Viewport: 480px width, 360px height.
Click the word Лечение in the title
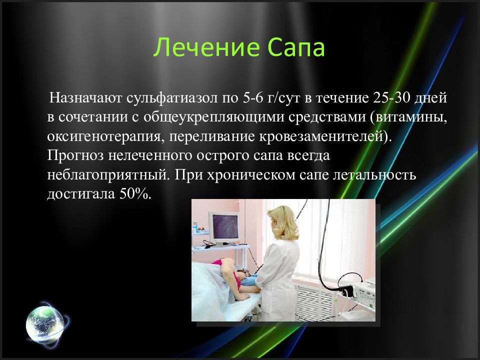click(x=206, y=47)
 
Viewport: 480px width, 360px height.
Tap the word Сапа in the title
click(x=296, y=47)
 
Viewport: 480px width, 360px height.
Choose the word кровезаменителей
click(x=322, y=136)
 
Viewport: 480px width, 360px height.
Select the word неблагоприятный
click(x=108, y=175)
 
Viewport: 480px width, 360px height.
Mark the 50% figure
click(x=135, y=194)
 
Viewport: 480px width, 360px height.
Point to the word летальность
click(x=374, y=175)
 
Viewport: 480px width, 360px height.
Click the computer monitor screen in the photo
click(x=226, y=227)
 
